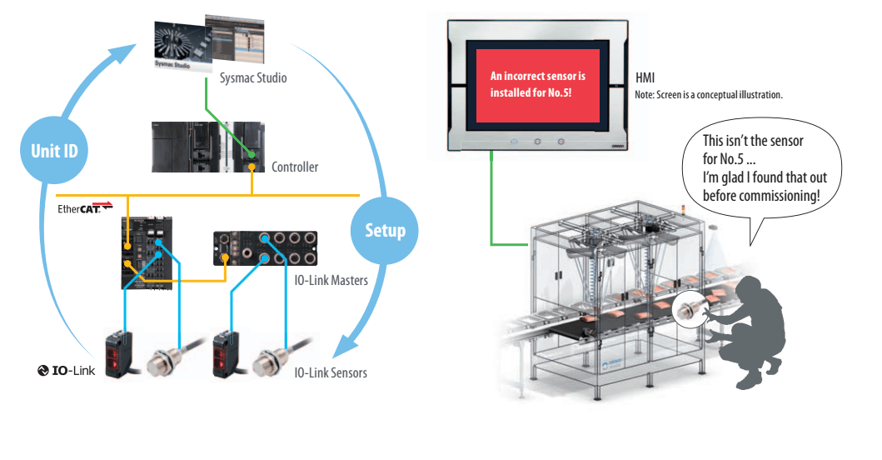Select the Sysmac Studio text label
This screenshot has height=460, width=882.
pos(253,78)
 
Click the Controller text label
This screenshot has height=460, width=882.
pos(295,167)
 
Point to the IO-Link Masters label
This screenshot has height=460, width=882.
pos(331,281)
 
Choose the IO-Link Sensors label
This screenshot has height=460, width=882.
pos(331,372)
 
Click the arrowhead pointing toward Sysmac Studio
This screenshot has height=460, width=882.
pos(124,54)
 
